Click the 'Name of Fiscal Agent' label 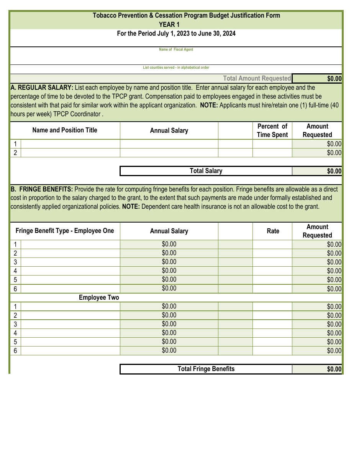pos(176,50)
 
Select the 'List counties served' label pos(176,68)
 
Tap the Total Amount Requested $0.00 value pos(317,79)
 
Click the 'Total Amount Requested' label pos(257,79)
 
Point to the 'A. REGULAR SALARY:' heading pos(42,87)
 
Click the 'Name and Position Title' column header pos(65,130)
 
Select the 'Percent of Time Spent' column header pos(272,130)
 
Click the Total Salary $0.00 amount pos(317,171)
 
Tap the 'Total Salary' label pos(206,171)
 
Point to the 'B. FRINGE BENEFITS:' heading pos(42,189)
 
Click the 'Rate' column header pos(273,231)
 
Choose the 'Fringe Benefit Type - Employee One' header pos(65,231)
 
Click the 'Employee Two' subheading pos(99,298)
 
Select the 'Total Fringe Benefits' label pos(206,369)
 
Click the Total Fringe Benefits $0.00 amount pos(317,369)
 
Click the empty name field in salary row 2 pos(70,153)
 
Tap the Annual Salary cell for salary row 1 pos(169,144)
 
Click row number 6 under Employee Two pos(15,351)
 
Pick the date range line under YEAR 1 pos(176,33)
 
